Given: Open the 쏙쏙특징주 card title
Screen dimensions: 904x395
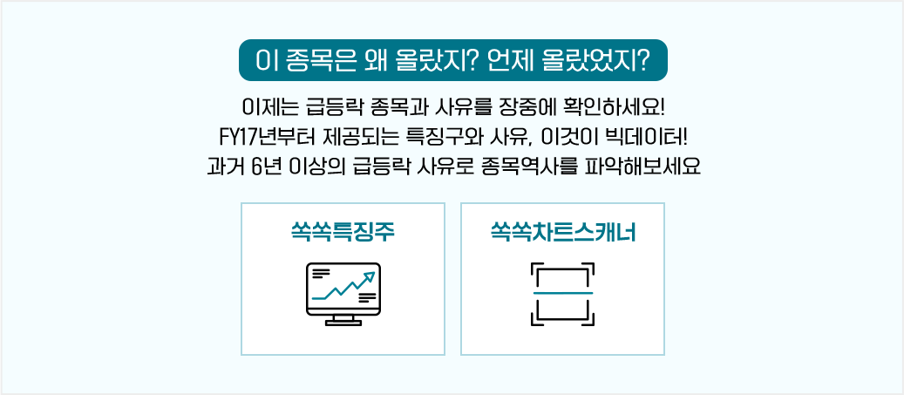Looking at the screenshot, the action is [343, 233].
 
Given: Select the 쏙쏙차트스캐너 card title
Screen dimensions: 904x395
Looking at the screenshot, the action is [562, 233].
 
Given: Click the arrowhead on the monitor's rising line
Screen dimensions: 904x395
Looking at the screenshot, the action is [370, 277].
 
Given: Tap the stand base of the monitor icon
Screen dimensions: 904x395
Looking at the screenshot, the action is [343, 323].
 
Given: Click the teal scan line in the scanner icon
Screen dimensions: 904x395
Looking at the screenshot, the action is [562, 294].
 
